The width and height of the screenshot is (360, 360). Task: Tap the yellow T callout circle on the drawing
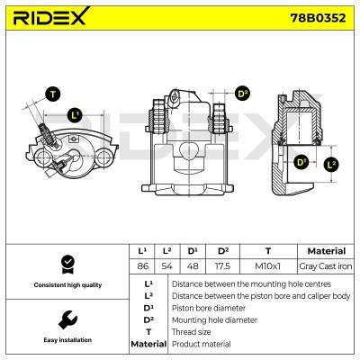pyautogui.click(x=53, y=93)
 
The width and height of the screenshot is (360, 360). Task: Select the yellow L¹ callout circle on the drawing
pyautogui.click(x=76, y=114)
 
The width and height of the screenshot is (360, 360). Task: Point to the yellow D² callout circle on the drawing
pyautogui.click(x=242, y=93)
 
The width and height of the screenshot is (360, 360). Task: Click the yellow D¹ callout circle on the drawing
pyautogui.click(x=301, y=163)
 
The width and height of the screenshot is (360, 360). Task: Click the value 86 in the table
pyautogui.click(x=141, y=266)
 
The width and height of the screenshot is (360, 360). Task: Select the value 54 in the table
pyautogui.click(x=166, y=266)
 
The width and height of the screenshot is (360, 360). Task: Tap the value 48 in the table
pyautogui.click(x=192, y=266)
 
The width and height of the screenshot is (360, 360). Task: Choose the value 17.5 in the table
pyautogui.click(x=223, y=266)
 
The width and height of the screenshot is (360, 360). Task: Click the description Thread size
pyautogui.click(x=192, y=332)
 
